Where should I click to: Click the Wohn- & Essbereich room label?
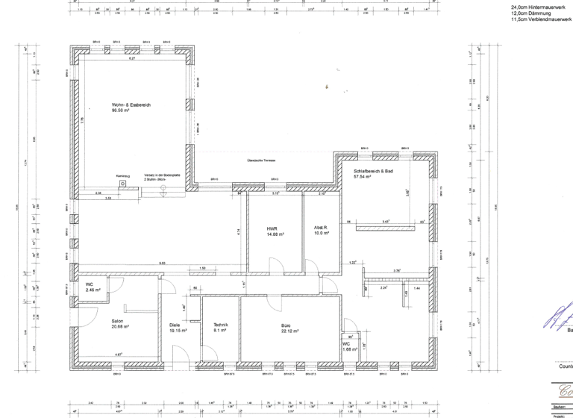pos(131,104)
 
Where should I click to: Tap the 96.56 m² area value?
pos(121,110)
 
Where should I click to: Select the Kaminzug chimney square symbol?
pos(131,187)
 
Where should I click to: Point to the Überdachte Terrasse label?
pos(262,160)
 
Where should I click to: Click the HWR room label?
pos(272,229)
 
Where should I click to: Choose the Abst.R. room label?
pos(322,228)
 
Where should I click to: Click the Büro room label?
pos(285,325)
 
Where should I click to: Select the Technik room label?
pos(220,325)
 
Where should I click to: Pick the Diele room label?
pos(175,325)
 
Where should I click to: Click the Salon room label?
pos(96,320)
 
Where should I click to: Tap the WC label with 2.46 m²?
pos(89,284)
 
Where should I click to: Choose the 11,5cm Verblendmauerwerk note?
pos(534,19)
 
